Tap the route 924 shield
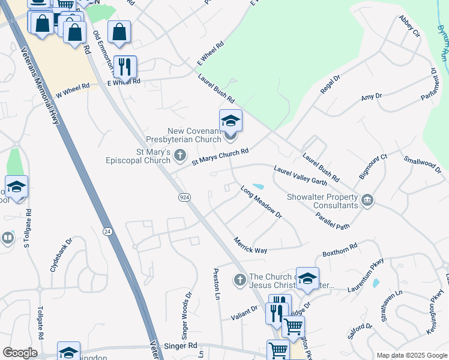(184, 197)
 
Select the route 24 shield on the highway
(107, 231)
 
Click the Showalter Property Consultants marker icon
(368, 200)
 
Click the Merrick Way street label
(250, 245)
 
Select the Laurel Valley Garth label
(300, 178)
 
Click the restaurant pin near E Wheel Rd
(124, 67)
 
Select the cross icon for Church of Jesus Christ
(240, 280)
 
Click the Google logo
(20, 353)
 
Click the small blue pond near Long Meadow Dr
(259, 187)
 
